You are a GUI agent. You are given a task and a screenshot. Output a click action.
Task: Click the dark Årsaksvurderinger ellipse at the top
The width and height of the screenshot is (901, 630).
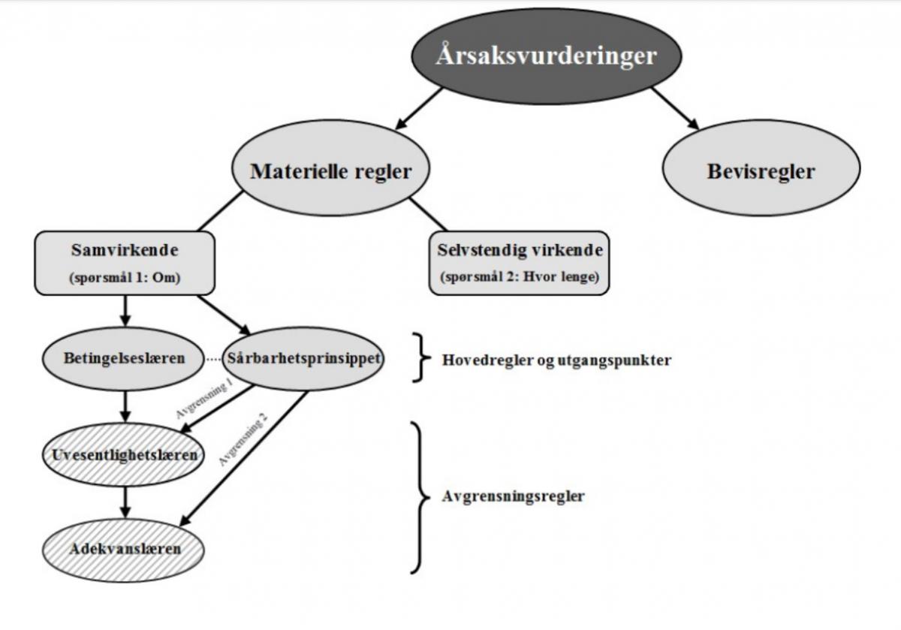(x=547, y=57)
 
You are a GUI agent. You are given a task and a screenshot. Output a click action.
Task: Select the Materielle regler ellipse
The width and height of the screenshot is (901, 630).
(x=331, y=171)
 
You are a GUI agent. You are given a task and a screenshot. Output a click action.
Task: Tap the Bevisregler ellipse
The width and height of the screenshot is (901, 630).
(x=761, y=171)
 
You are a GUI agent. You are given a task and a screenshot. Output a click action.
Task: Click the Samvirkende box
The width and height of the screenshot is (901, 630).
(x=125, y=262)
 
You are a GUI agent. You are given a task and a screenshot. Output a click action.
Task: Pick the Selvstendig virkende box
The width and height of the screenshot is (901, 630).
(x=519, y=262)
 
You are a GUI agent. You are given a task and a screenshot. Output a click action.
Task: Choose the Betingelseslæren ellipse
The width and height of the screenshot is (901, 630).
(x=125, y=359)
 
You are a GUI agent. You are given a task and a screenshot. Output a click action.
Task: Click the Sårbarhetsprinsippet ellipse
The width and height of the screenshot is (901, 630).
(x=304, y=359)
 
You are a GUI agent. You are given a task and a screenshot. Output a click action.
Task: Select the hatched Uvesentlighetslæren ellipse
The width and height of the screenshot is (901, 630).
(x=125, y=455)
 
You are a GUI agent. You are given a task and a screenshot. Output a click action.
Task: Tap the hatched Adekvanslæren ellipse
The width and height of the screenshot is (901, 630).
(x=125, y=548)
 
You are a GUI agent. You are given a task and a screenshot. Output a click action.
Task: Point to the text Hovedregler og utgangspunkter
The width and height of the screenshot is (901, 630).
(x=556, y=360)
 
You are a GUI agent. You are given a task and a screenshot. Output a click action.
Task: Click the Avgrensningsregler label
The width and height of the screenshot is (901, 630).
(x=513, y=496)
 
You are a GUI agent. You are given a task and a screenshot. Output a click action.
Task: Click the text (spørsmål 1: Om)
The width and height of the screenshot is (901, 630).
(x=125, y=278)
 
